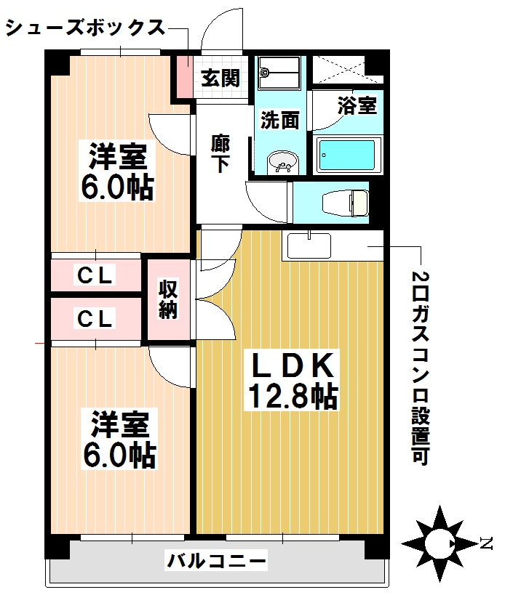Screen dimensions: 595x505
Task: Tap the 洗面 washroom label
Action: [x=280, y=120]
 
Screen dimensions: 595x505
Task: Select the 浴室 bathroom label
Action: [x=357, y=105]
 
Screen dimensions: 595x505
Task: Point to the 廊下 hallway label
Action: [x=220, y=152]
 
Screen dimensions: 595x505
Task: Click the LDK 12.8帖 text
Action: [x=292, y=380]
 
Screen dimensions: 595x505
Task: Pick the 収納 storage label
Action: [x=170, y=299]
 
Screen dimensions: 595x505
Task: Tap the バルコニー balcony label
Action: [x=217, y=561]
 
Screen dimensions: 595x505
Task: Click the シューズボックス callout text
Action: [x=84, y=28]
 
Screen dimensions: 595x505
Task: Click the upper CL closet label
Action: [x=96, y=275]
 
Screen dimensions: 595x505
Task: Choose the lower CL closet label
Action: [x=96, y=317]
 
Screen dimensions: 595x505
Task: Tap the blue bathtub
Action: [x=347, y=154]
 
